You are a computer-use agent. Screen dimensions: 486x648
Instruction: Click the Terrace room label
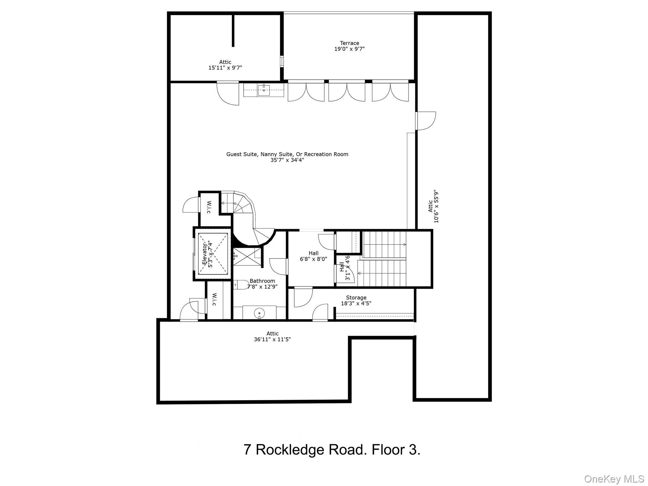(349, 43)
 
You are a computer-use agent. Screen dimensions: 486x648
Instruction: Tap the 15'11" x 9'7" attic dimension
(225, 68)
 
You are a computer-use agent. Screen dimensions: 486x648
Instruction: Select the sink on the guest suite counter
(264, 90)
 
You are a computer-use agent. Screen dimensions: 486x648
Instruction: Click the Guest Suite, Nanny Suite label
(287, 154)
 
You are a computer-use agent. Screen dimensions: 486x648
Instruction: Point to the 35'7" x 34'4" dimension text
(287, 160)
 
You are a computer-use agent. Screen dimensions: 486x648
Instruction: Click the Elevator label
(205, 255)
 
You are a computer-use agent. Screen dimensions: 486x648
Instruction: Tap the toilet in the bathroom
(241, 285)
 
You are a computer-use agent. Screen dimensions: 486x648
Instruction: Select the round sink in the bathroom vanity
(259, 313)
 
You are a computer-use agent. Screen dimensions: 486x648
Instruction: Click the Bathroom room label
(262, 281)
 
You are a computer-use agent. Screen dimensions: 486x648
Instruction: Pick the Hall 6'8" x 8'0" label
(313, 256)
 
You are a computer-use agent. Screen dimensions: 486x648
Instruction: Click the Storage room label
(356, 297)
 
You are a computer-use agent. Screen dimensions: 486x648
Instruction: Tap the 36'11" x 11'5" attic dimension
(272, 340)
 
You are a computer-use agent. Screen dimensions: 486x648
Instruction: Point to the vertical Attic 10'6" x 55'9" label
(433, 206)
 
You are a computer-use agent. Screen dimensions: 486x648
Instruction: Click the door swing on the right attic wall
(427, 121)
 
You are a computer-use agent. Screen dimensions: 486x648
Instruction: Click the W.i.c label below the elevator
(214, 299)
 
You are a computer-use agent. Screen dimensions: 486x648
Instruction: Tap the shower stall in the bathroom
(247, 256)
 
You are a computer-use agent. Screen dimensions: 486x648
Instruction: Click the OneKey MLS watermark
(614, 479)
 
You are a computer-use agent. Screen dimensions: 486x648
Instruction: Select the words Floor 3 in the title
(396, 450)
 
